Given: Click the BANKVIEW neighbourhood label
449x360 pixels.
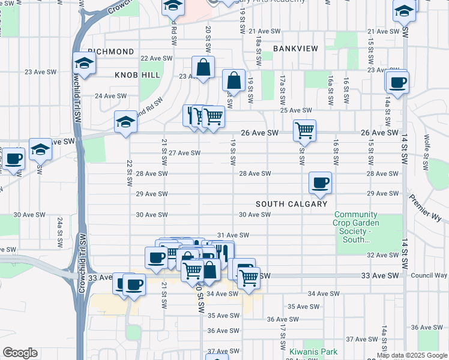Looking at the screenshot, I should pos(295,48).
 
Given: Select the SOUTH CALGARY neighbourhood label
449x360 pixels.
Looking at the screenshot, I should pos(292,204).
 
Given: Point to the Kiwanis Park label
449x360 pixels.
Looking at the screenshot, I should pos(313,352).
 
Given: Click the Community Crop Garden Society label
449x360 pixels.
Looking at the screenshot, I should pos(356,227).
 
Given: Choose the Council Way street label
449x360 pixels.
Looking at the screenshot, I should pos(429,275).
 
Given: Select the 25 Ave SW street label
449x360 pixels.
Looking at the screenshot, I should pos(297,110).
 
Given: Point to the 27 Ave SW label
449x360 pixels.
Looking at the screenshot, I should pos(184,153).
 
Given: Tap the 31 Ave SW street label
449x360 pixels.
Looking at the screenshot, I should pos(232,235).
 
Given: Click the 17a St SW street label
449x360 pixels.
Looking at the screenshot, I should pos(282,88).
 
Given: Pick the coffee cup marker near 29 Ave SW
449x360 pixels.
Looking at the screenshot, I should pos(320,182).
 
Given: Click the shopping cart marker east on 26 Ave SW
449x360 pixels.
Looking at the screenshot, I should pos(304,130).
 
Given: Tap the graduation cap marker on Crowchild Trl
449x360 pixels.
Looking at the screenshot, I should pos(84,63).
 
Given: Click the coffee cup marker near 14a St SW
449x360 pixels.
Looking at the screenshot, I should pos(397,82).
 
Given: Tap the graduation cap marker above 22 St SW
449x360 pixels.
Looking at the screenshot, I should pos(125,123).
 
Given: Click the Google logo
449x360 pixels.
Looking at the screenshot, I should pos(20,353).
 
